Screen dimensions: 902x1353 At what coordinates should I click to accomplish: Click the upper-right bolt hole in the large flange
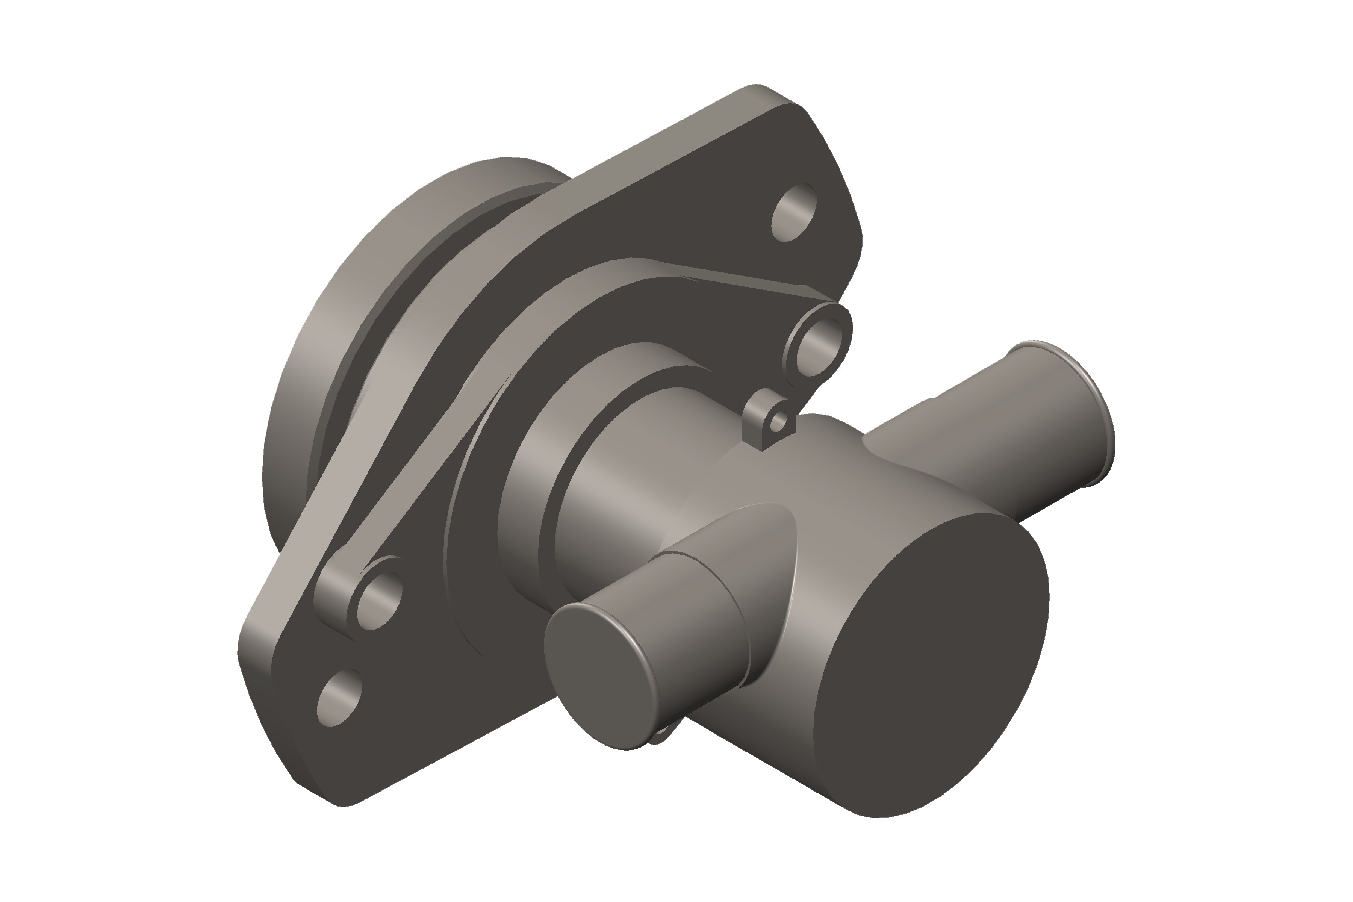click(793, 212)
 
